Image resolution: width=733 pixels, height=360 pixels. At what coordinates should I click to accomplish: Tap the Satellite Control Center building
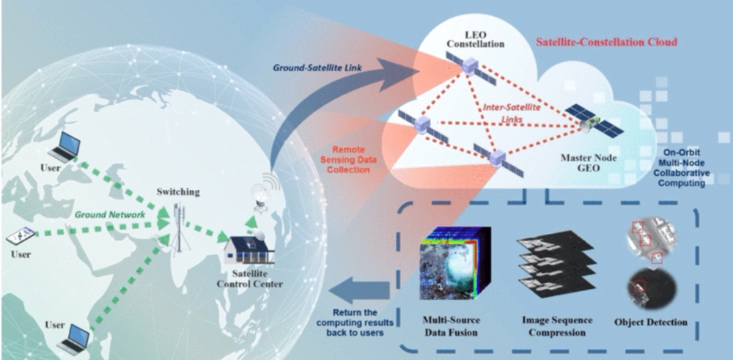251,249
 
